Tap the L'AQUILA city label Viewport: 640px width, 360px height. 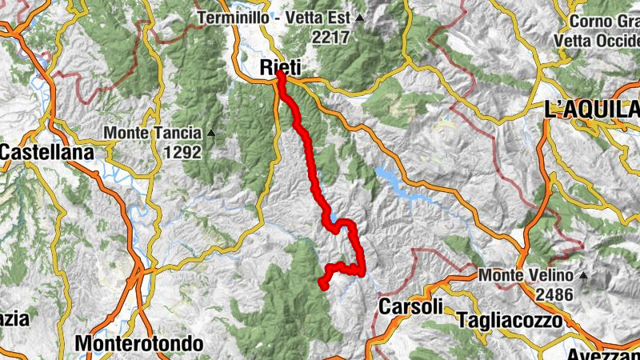591,110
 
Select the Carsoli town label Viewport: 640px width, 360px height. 410,306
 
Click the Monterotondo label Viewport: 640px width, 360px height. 139,343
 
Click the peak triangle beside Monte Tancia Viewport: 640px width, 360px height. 211,133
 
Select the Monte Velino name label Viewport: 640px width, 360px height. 526,276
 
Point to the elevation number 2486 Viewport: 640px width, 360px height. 554,294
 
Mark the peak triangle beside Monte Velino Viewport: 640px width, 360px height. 584,276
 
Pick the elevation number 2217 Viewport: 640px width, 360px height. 332,36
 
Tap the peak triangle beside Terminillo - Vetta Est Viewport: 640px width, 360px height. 360,18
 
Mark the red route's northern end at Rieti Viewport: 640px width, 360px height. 282,77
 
